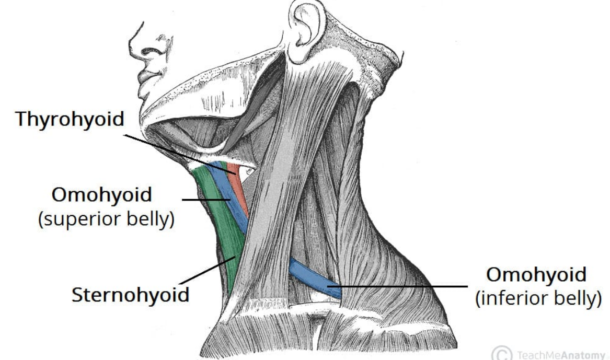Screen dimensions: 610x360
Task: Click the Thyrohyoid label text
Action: click(x=70, y=119)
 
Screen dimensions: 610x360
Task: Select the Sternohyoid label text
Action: click(x=130, y=295)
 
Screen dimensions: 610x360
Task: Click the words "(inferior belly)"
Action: click(x=536, y=299)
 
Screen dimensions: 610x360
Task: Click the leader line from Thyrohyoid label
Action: click(x=178, y=152)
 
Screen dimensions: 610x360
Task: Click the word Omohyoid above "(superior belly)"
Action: click(x=101, y=195)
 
